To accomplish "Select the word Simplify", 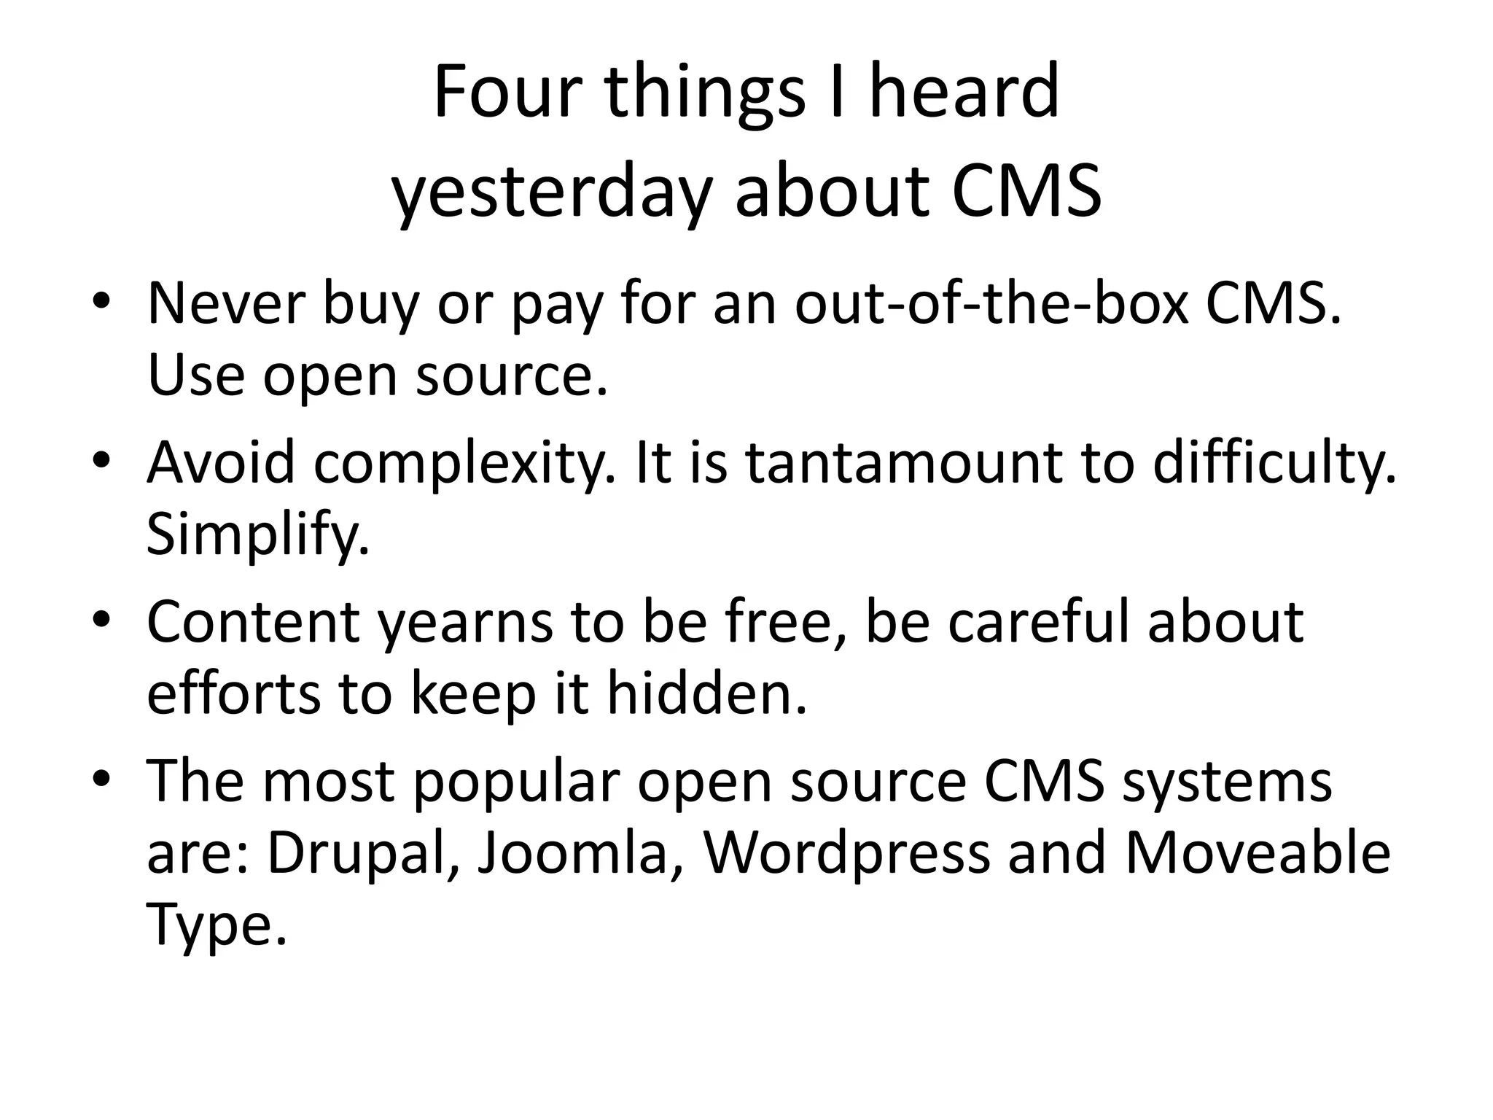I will (257, 534).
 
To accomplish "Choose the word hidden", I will (706, 693).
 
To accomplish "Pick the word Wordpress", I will (846, 852).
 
